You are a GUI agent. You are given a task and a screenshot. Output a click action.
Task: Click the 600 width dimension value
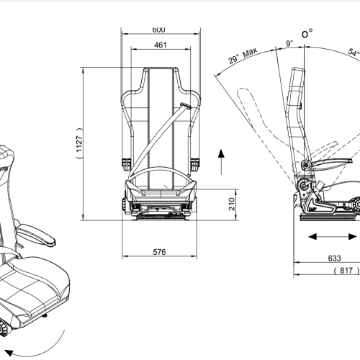pyautogui.click(x=158, y=30)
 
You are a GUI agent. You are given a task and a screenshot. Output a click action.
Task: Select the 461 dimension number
pyautogui.click(x=161, y=45)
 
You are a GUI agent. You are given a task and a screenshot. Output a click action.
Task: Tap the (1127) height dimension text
pyautogui.click(x=79, y=143)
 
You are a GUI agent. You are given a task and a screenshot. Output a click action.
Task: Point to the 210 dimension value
pyautogui.click(x=232, y=204)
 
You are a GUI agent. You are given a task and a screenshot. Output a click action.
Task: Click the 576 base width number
pyautogui.click(x=159, y=252)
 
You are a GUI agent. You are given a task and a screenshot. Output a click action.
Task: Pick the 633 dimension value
pyautogui.click(x=334, y=258)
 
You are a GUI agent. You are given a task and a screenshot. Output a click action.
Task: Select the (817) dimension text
pyautogui.click(x=346, y=271)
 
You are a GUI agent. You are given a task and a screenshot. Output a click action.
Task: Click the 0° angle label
pyautogui.click(x=307, y=33)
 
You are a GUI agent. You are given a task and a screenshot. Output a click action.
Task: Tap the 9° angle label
pyautogui.click(x=289, y=43)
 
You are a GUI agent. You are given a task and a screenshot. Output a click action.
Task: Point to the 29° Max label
pyautogui.click(x=243, y=55)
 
